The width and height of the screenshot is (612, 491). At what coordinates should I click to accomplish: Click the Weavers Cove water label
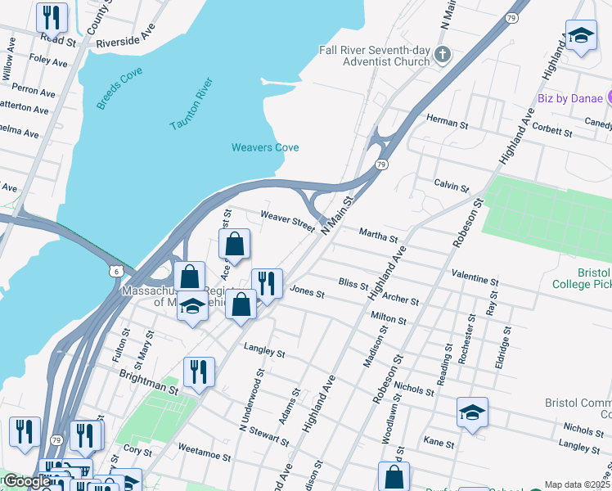(x=264, y=147)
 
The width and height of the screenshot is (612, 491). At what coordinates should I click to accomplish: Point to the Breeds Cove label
(x=119, y=88)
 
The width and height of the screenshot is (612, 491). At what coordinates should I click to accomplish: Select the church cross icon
(x=443, y=56)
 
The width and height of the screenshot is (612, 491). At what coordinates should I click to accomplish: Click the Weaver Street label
(x=287, y=220)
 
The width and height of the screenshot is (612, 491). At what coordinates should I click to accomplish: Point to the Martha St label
(x=377, y=235)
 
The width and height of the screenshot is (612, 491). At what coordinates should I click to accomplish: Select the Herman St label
(x=447, y=121)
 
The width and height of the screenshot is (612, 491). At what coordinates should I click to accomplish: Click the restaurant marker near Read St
(x=52, y=16)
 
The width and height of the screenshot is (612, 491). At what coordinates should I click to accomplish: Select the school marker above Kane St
(x=472, y=412)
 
